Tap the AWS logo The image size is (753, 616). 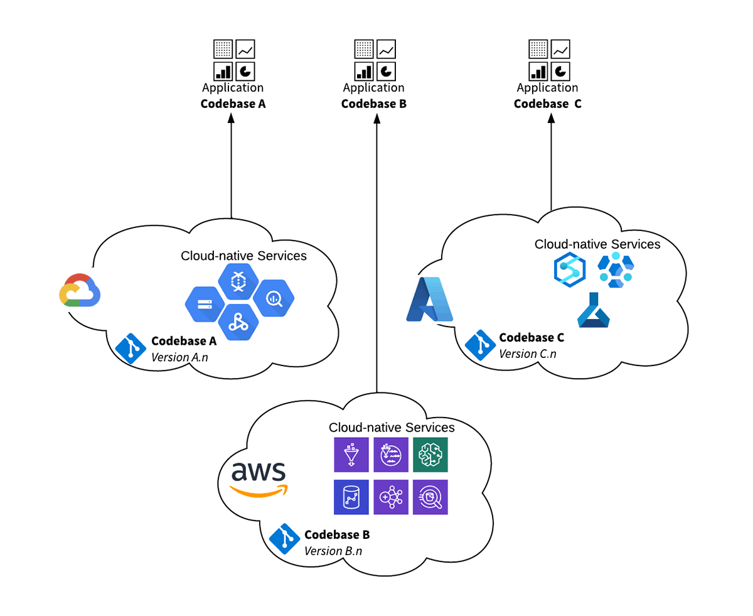(259, 479)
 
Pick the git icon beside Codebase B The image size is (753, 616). (284, 539)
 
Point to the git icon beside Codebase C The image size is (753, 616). (480, 345)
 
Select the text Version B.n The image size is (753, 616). (333, 551)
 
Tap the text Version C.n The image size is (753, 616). (527, 354)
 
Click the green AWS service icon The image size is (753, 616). (430, 455)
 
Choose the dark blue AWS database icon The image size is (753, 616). (351, 497)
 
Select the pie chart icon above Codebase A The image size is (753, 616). (245, 70)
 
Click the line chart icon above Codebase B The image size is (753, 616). (386, 48)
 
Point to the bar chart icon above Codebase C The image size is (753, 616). (538, 70)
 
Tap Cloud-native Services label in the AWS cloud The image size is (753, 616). (392, 428)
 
